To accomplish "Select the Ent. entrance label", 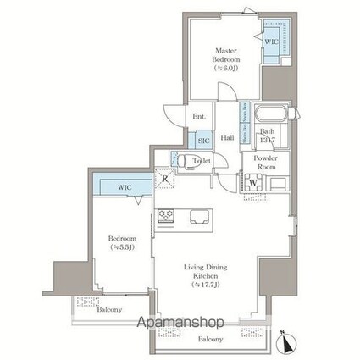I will tap(199, 116).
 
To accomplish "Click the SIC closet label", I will tap(204, 141).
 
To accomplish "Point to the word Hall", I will tap(227, 137).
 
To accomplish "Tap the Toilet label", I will tap(201, 160).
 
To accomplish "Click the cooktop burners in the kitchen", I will tap(165, 215).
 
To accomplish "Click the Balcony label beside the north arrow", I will tap(211, 339).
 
